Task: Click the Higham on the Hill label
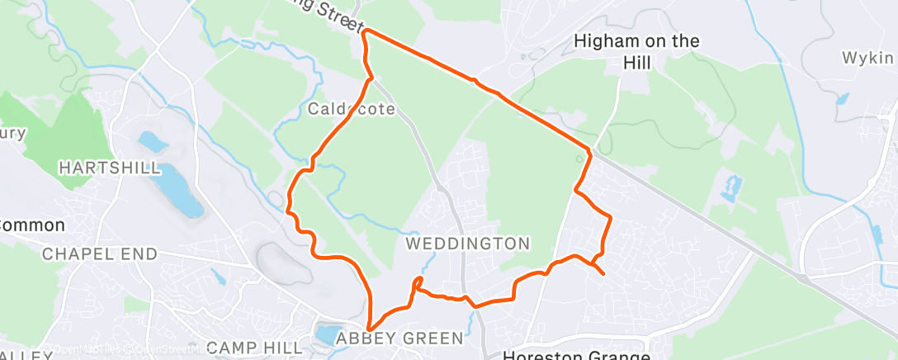pos(636,50)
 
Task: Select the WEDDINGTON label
pos(468,244)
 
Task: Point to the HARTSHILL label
pos(109,168)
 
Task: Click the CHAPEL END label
pos(100,253)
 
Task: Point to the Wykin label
pos(867,58)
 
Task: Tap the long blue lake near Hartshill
pos(180,189)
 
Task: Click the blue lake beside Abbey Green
pos(328,335)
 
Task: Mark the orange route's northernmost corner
pos(365,31)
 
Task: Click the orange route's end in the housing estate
pos(604,273)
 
